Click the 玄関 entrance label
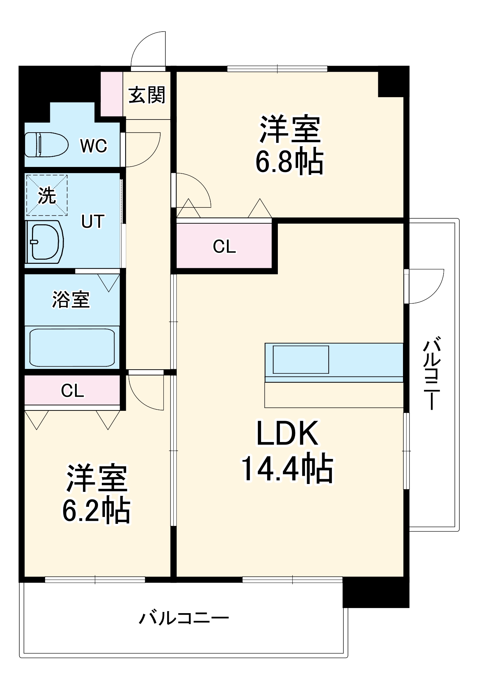point(147,95)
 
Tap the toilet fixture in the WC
point(46,145)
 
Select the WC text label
point(94,146)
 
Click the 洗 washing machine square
point(47,195)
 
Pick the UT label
point(92,221)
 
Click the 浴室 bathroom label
point(71,299)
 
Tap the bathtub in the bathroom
point(72,348)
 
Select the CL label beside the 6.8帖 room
point(224,246)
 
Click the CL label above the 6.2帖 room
point(72,391)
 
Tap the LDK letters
point(287,433)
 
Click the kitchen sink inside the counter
point(301,359)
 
